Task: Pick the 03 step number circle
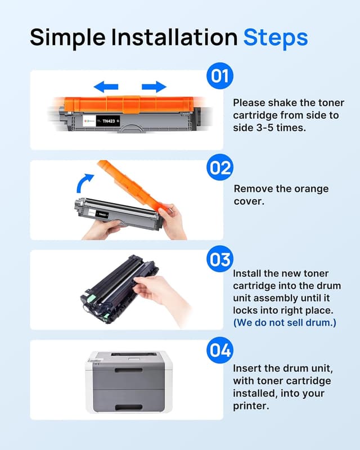point(220,259)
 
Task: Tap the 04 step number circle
point(220,350)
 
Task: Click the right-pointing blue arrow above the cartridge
point(154,87)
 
